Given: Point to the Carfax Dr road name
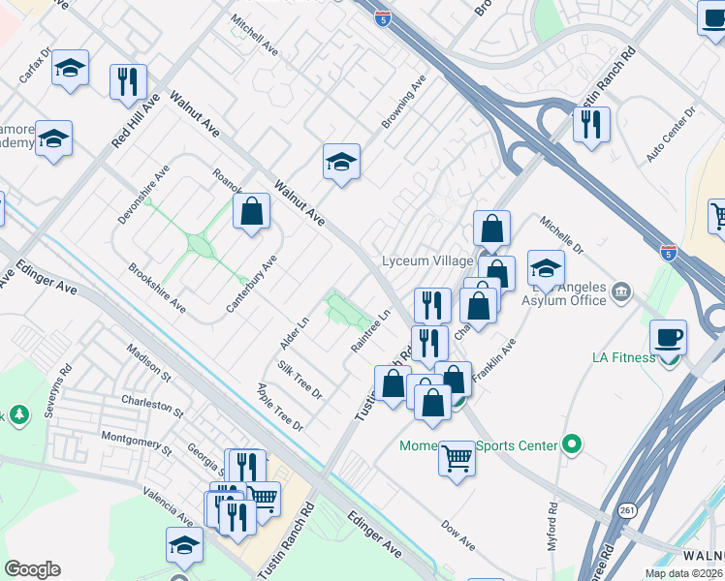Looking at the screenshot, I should coord(34,65).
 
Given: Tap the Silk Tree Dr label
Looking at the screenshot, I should coord(299,380).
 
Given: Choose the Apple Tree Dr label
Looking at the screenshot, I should coord(280,408).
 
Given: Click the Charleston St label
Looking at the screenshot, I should coord(152,404).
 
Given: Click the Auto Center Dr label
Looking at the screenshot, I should coord(672,136).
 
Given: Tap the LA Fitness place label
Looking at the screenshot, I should coord(624,357).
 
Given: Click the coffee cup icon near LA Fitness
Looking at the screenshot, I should coord(669,338).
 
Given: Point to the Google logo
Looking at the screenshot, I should coord(33,568).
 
